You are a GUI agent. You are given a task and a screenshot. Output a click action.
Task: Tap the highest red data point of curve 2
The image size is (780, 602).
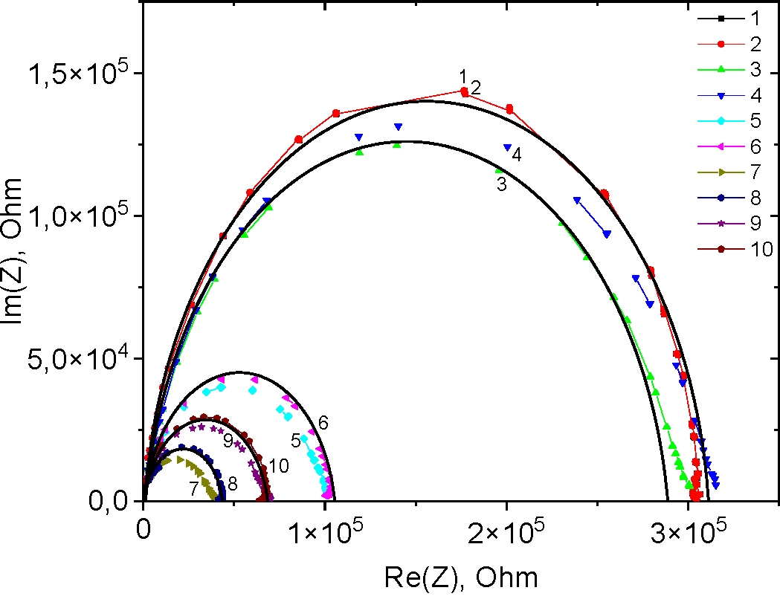tap(465, 91)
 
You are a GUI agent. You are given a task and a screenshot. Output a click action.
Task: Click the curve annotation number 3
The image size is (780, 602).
tap(501, 185)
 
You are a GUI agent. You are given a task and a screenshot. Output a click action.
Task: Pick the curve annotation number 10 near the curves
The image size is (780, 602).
tap(279, 466)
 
